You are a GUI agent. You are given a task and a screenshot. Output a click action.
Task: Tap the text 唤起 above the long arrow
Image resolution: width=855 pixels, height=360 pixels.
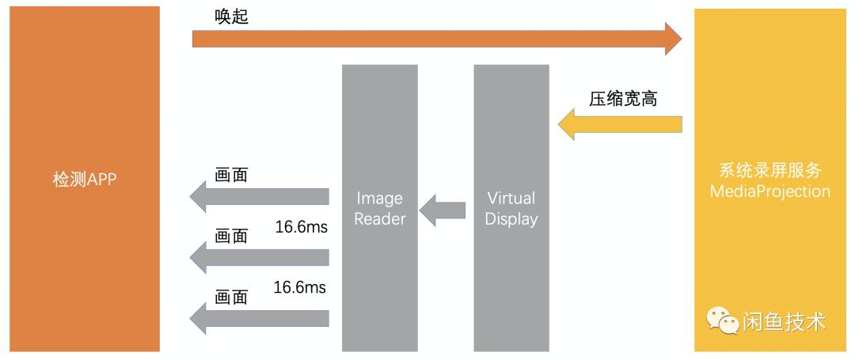pos(231,17)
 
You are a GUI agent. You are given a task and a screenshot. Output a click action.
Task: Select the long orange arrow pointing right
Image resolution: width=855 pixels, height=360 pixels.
pos(435,37)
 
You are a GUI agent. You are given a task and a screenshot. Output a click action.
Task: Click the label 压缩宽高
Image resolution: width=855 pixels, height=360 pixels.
pos(623,99)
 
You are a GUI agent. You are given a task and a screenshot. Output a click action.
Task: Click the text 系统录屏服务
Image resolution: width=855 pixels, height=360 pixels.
pos(769,170)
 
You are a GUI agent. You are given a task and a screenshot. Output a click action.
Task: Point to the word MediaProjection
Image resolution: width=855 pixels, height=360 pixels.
pos(769,191)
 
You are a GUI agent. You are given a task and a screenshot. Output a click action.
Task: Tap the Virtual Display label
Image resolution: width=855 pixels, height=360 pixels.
pos(511,208)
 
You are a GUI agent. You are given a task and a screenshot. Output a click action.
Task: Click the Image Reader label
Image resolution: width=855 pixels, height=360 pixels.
pos(379,208)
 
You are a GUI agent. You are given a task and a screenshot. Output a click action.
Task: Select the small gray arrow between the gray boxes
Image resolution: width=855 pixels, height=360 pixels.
pos(443,210)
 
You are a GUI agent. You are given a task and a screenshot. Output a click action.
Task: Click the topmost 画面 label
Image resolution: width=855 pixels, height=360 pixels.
pos(231,174)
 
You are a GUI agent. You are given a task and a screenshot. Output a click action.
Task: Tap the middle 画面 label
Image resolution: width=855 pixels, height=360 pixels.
pos(231,236)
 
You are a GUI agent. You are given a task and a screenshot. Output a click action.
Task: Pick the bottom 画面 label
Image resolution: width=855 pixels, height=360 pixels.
pos(231,297)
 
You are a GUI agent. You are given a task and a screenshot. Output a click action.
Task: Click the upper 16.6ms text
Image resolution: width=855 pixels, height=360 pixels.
pos(302,227)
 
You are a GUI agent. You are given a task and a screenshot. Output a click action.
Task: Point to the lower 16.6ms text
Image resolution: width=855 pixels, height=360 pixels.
pos(301,287)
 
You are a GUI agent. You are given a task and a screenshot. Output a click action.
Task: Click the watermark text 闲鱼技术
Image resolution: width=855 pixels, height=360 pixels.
pos(784,321)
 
